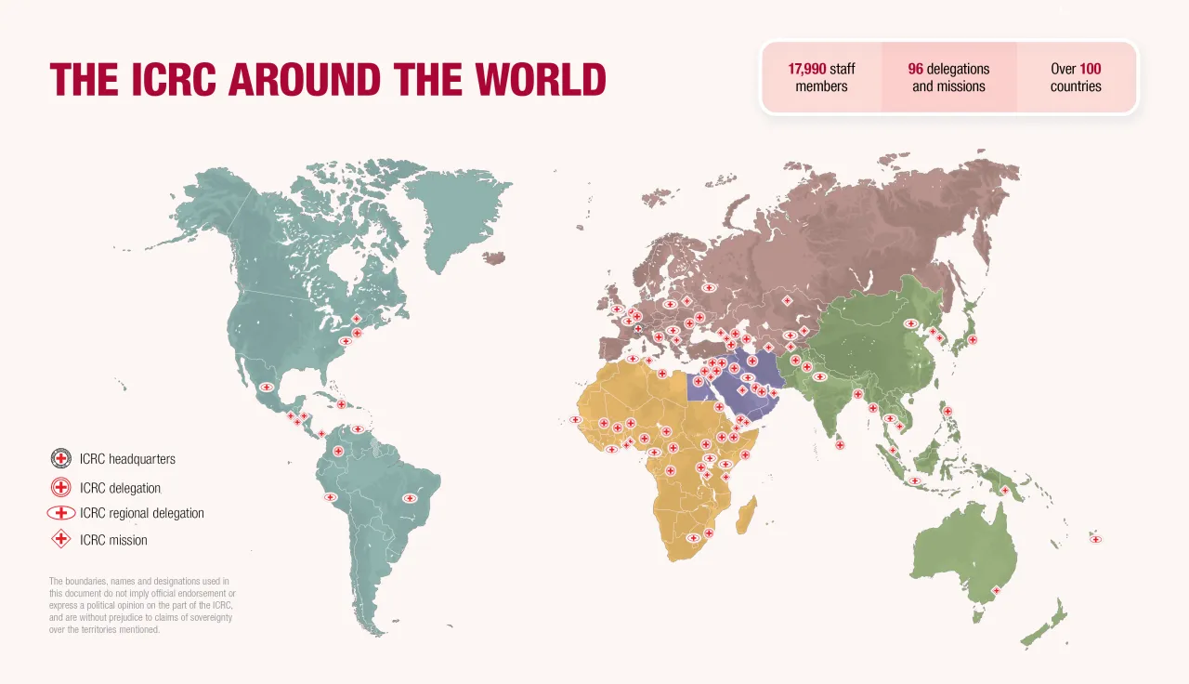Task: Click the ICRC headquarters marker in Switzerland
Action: [x=638, y=328]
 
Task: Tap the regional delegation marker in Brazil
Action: [x=410, y=498]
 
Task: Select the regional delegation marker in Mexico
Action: [x=267, y=388]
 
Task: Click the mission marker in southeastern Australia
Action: [x=996, y=590]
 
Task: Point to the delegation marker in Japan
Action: [x=972, y=340]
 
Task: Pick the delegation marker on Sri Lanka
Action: [x=840, y=445]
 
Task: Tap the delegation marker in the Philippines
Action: [x=947, y=411]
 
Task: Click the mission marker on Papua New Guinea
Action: [x=1004, y=490]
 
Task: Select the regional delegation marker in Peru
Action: [x=330, y=497]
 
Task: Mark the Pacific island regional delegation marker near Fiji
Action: [x=1095, y=539]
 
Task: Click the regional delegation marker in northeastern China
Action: [x=910, y=323]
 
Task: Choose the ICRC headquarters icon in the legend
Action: [x=61, y=458]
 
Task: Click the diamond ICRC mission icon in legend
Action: [x=61, y=539]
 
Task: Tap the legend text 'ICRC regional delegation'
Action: [x=141, y=513]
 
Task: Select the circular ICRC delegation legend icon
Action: [x=61, y=487]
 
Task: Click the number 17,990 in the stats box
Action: [x=806, y=69]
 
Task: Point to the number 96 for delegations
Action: [x=915, y=69]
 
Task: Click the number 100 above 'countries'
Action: [x=1090, y=69]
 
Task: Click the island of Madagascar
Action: [x=746, y=514]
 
